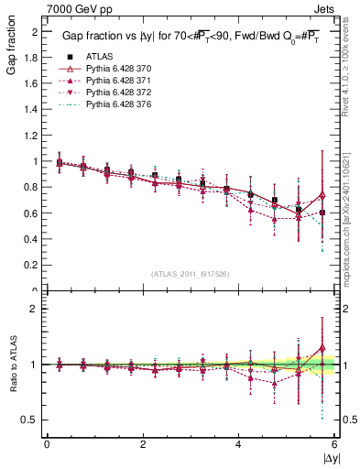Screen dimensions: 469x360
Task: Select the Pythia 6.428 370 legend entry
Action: pos(118,69)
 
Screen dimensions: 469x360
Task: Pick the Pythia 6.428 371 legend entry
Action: pos(118,82)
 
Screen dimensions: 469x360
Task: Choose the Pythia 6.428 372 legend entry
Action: pos(118,94)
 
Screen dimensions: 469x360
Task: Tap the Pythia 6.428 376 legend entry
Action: pos(118,107)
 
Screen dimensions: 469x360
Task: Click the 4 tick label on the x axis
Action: pos(238,443)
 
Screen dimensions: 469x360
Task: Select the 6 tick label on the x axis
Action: pos(334,443)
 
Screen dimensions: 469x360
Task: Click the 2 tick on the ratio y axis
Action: pos(35,309)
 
